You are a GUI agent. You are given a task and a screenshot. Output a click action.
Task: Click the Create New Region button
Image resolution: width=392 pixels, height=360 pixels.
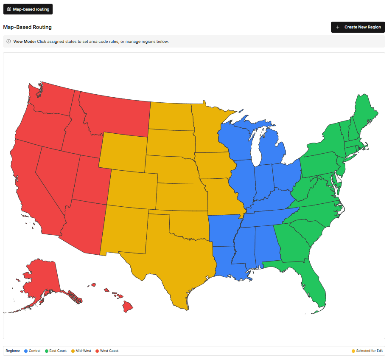[358, 27]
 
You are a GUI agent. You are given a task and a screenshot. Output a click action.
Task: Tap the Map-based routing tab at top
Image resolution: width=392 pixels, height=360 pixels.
[28, 9]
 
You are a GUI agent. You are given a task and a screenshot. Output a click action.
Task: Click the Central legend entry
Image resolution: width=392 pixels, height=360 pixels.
[33, 351]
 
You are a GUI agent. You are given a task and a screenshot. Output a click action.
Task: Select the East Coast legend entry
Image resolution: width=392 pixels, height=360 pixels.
[56, 351]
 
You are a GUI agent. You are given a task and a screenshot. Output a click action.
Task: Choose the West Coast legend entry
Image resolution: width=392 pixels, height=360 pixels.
[107, 351]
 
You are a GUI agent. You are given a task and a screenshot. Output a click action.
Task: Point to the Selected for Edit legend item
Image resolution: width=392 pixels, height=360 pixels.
[367, 351]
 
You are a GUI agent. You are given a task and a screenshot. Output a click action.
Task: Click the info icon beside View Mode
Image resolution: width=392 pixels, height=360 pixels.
[8, 42]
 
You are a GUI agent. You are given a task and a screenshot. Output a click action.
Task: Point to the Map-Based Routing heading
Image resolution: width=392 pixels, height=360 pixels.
[27, 27]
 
